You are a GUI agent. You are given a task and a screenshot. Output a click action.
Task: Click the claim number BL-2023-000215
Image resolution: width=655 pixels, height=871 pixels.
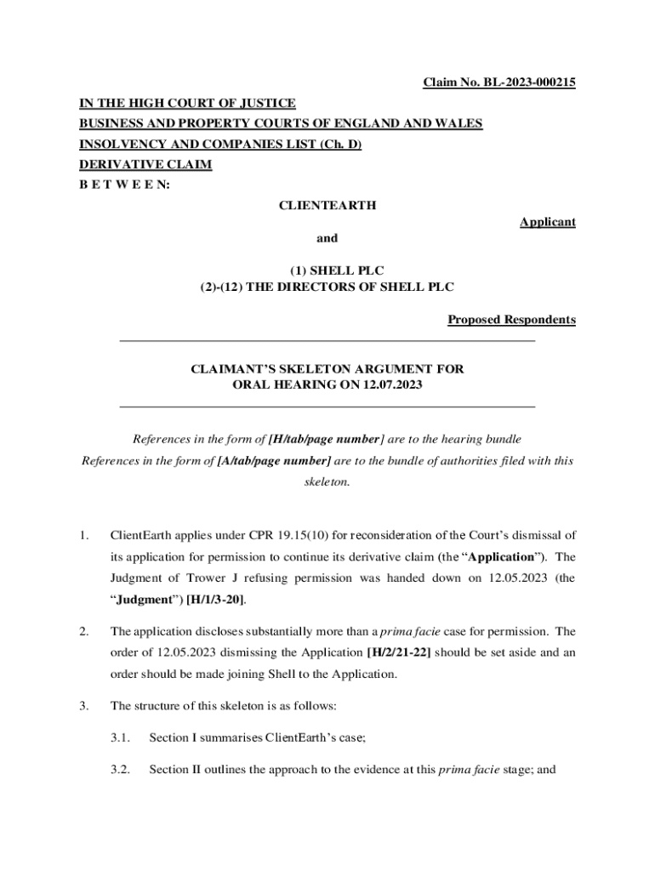[528, 83]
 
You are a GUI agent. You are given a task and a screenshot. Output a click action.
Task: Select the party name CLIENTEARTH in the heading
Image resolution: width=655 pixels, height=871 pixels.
[327, 205]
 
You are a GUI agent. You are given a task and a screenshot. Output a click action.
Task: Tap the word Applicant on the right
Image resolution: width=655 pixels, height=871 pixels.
[548, 222]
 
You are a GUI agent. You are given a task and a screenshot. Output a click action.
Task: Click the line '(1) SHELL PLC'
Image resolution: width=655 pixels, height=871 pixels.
[327, 270]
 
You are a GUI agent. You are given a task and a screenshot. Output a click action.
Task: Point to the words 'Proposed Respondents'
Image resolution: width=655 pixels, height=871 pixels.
[511, 320]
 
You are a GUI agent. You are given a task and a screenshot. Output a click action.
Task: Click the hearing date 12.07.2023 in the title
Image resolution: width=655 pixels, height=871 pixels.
[390, 384]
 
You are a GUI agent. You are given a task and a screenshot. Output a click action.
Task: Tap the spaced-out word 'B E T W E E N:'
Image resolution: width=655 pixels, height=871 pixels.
[124, 185]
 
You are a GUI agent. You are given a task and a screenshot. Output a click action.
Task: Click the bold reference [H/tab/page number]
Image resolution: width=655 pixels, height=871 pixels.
[324, 439]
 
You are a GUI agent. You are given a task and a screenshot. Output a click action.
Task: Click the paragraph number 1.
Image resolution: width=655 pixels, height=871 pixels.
[83, 535]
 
